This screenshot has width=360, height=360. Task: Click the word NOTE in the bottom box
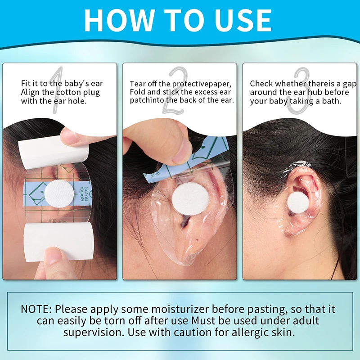tap(36, 310)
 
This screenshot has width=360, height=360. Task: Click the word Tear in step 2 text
tap(138, 84)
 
